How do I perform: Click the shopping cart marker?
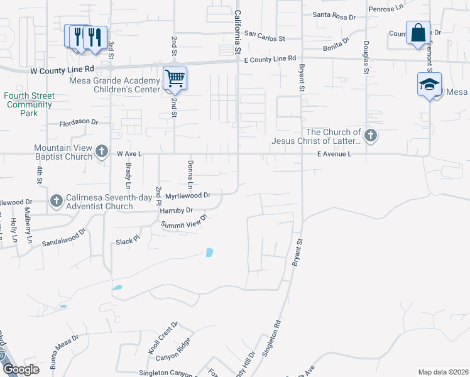175,79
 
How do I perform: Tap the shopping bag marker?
418,33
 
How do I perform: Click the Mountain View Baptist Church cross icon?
102,151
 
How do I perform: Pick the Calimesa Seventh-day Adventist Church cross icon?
56,201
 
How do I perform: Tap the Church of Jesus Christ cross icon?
371,135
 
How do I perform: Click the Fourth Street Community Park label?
30,105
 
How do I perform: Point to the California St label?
238,31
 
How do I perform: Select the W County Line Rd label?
62,70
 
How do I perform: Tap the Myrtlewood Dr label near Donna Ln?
187,195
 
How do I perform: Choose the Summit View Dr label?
183,222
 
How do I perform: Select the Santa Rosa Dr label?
335,14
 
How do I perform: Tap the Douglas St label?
364,57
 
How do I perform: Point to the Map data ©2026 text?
443,372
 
